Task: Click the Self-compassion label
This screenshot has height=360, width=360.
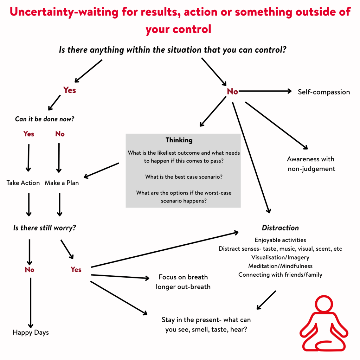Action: pos(323,92)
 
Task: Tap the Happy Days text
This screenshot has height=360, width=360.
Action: pos(31,332)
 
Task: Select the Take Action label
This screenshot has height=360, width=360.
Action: pos(23,183)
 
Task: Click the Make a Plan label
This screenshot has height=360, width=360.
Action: pos(62,183)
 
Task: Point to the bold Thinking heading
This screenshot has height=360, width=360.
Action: pos(179,140)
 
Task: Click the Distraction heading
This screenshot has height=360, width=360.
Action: pos(280,228)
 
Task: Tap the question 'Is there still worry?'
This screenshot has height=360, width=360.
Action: pos(44,228)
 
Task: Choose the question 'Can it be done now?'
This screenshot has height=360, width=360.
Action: pos(45,119)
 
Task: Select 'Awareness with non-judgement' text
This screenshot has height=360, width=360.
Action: pos(311,164)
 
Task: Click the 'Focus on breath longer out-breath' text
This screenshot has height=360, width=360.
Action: pos(183,282)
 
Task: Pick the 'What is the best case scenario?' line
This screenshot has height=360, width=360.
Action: pos(184,177)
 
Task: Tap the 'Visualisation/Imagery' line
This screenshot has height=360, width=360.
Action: pos(280,257)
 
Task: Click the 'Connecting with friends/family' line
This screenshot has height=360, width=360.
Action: pos(280,275)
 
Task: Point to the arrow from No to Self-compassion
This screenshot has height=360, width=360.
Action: pos(265,91)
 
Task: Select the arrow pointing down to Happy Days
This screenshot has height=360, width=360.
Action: pos(31,302)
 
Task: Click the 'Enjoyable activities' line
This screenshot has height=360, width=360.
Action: pos(280,240)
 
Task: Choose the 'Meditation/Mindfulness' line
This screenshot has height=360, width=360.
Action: pos(280,266)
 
